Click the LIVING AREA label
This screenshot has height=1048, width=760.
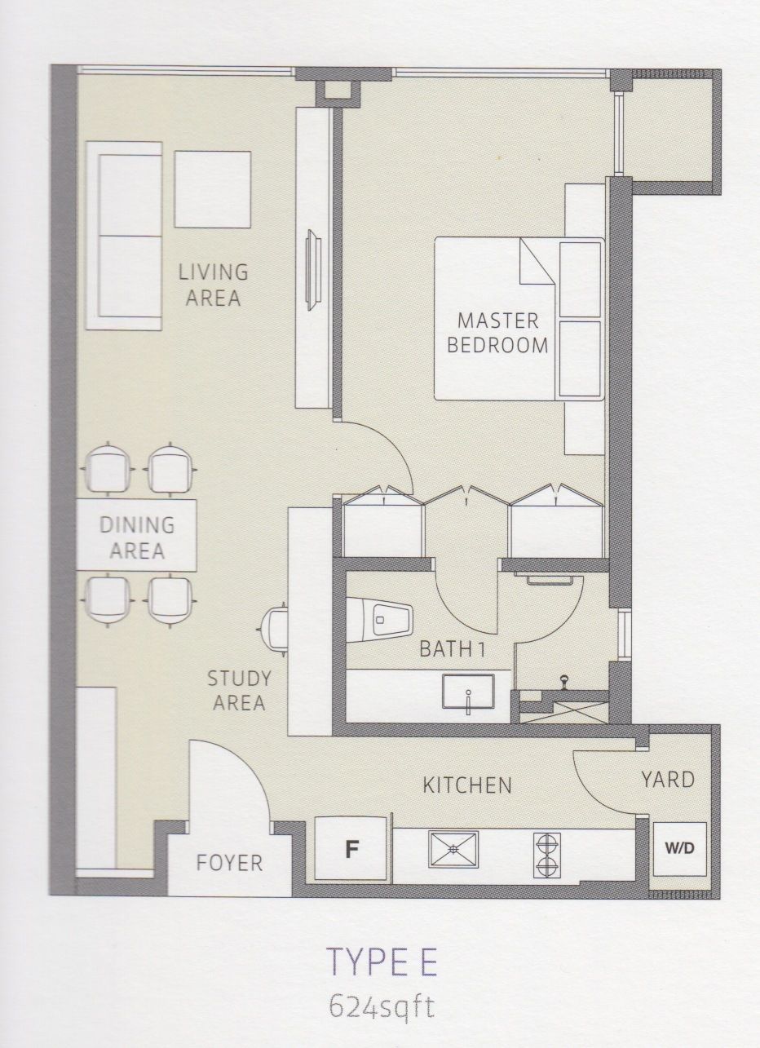pyautogui.click(x=213, y=285)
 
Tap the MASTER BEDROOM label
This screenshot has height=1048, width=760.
pyautogui.click(x=497, y=333)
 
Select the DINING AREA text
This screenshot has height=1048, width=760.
pyautogui.click(x=137, y=537)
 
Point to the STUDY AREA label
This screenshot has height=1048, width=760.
pyautogui.click(x=239, y=690)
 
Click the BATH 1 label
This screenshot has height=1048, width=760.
pyautogui.click(x=452, y=649)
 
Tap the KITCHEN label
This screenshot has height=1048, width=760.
pyautogui.click(x=467, y=785)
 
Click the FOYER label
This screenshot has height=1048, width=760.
pyautogui.click(x=229, y=863)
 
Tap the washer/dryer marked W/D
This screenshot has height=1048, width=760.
pyautogui.click(x=679, y=849)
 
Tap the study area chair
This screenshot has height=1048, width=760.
pyautogui.click(x=274, y=631)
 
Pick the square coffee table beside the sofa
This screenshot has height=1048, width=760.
pyautogui.click(x=213, y=189)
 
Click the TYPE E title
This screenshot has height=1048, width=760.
pyautogui.click(x=383, y=947)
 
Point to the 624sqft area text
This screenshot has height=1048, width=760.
pyautogui.click(x=382, y=992)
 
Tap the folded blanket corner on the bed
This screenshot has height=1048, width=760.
pyautogui.click(x=538, y=261)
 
